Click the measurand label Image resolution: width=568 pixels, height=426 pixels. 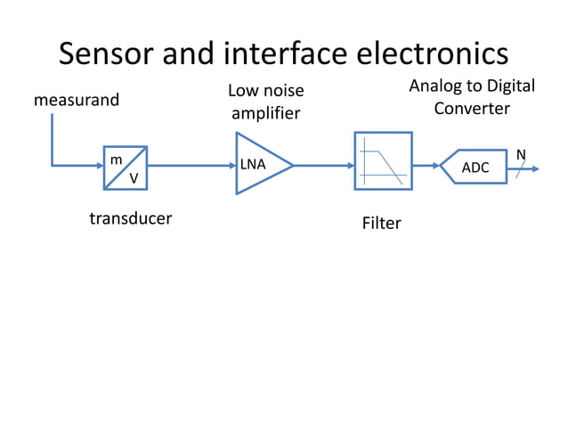(76, 100)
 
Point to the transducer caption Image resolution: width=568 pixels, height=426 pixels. (130, 218)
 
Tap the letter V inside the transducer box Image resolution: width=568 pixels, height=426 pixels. (134, 179)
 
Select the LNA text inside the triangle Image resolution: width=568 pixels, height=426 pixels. (253, 165)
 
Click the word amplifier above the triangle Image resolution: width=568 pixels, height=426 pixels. (265, 113)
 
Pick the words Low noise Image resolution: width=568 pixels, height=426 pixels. (265, 90)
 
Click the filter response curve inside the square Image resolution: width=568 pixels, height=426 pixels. (384, 162)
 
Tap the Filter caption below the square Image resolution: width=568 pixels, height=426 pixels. (381, 223)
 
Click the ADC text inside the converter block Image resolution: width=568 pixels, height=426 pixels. (475, 168)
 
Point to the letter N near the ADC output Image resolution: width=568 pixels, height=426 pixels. (522, 155)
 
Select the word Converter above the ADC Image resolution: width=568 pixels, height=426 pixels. (472, 109)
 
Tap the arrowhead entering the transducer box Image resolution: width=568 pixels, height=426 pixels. (98, 165)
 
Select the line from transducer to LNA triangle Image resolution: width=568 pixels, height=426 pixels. (191, 165)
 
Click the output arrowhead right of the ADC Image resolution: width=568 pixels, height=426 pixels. (534, 167)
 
